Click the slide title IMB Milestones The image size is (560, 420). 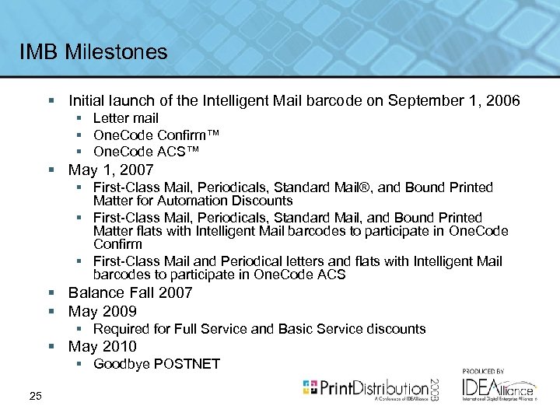(x=94, y=52)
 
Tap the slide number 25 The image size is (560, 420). (x=34, y=397)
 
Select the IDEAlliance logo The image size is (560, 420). (x=498, y=388)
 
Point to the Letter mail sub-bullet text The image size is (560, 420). (x=125, y=118)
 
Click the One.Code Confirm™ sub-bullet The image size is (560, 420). (x=156, y=135)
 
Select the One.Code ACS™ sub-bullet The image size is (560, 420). (x=146, y=151)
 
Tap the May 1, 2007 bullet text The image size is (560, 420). (x=111, y=170)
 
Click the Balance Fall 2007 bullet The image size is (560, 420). (x=130, y=292)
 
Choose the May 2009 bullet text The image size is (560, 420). (x=103, y=311)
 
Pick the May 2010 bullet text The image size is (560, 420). (x=103, y=346)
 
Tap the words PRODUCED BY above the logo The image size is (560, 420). (x=484, y=372)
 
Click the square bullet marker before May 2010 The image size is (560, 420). (x=51, y=347)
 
